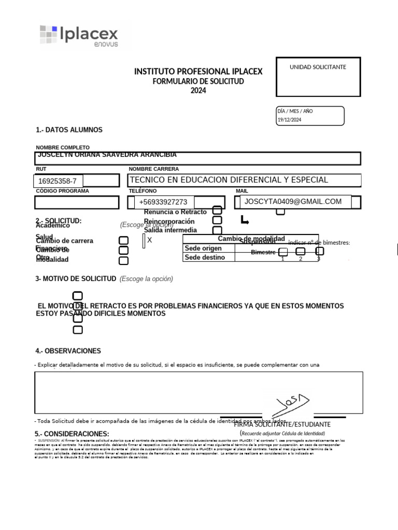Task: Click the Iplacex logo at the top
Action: (x=79, y=35)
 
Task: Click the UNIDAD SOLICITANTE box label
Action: (x=318, y=67)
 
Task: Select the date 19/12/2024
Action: (x=289, y=120)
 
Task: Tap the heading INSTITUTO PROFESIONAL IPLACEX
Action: (x=198, y=71)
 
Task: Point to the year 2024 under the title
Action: (x=198, y=91)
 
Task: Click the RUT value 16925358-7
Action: (x=58, y=181)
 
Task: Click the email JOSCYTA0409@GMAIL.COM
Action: (x=293, y=201)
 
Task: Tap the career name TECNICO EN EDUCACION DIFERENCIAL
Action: (x=229, y=180)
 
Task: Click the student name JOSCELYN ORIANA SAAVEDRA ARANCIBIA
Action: (x=107, y=155)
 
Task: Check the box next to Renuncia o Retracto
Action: (x=218, y=211)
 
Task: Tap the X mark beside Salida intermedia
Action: (x=149, y=240)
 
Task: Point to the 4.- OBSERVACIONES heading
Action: (x=68, y=351)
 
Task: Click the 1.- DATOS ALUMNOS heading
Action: (x=69, y=130)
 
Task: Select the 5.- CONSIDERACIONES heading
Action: (x=72, y=434)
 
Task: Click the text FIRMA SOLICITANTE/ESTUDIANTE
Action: (x=282, y=424)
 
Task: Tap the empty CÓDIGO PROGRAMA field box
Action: (x=77, y=202)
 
